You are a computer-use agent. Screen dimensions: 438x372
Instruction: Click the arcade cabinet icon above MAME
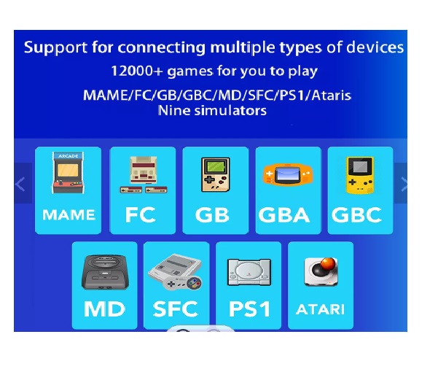coord(69,173)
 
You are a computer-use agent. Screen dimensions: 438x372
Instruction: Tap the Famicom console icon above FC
coord(144,174)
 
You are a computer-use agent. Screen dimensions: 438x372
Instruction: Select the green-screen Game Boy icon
coord(216,174)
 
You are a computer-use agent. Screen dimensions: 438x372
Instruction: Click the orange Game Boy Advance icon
coord(288,174)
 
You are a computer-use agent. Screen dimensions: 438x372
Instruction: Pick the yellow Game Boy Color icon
coord(360,175)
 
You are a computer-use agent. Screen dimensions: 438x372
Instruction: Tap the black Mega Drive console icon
coord(105,272)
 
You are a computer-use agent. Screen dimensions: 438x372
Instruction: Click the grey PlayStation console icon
coord(249,272)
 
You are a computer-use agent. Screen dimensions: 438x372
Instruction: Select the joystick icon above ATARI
coord(321,271)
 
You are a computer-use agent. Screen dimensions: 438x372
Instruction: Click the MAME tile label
coord(69,215)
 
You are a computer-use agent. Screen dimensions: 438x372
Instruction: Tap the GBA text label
coord(284,215)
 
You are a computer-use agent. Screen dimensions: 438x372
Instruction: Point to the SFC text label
coord(176,309)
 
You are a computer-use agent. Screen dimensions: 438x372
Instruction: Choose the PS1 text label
coord(249,309)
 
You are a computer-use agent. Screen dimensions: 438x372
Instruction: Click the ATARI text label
coord(320,309)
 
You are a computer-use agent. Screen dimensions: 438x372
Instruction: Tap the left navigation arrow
coord(20,185)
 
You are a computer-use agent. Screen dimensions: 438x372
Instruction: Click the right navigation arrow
coord(404,185)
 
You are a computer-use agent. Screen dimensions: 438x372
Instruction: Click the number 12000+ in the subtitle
coord(137,71)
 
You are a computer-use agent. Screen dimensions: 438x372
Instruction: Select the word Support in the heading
coord(55,47)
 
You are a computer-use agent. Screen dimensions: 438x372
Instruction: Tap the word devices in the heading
coord(375,47)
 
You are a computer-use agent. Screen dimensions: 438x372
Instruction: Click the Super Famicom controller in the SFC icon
coord(184,283)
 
